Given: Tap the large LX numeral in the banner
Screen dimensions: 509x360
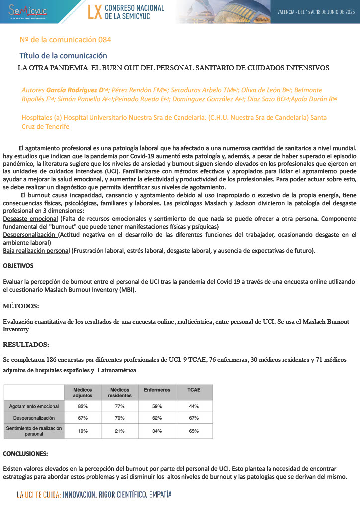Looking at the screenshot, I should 94,12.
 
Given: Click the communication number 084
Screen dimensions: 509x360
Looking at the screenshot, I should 102,39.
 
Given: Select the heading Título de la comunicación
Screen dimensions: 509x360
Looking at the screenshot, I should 63,55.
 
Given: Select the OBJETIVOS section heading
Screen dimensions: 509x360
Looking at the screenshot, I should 18,266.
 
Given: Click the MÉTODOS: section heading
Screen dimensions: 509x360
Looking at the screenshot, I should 21,305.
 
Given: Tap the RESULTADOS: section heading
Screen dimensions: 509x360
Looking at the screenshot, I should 26,344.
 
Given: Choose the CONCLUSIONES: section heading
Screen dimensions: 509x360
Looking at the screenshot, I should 25,454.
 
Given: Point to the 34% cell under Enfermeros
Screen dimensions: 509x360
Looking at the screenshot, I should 157,431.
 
